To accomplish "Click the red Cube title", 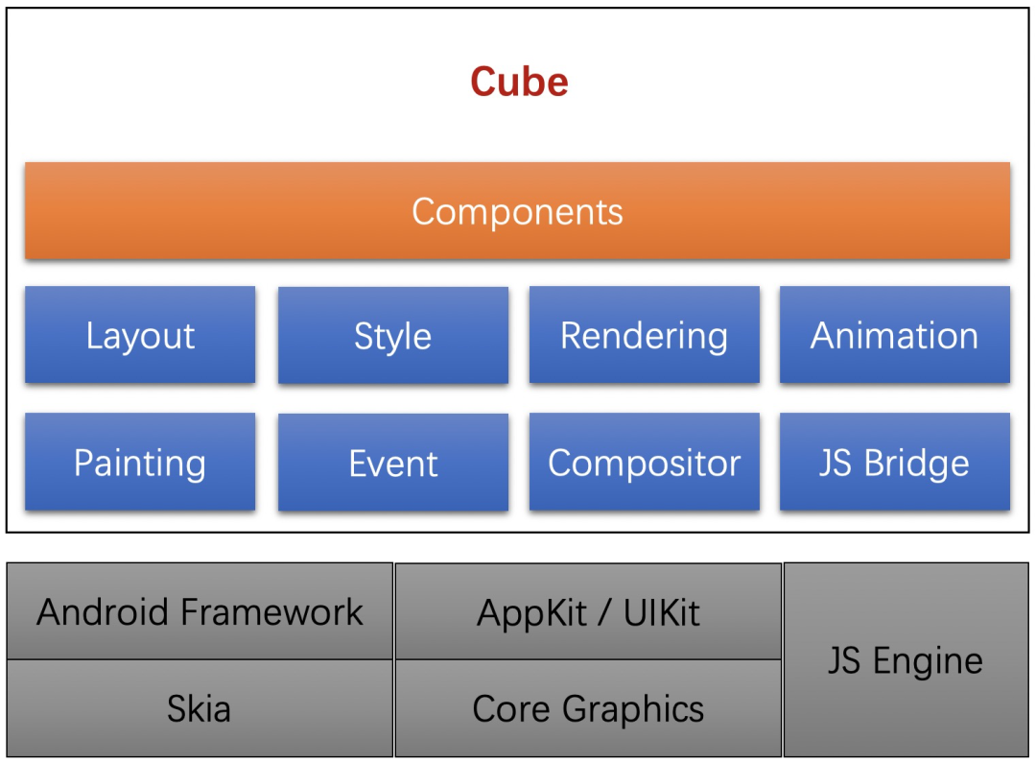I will [x=519, y=82].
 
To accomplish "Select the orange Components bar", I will [x=517, y=211].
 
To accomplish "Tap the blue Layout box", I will [x=140, y=335].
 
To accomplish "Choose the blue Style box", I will [x=392, y=336].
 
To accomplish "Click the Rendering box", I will [x=644, y=335].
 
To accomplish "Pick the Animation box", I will [x=894, y=335].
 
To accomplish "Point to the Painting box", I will [x=140, y=463].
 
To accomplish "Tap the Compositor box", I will [x=644, y=463].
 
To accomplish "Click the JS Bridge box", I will [x=894, y=463].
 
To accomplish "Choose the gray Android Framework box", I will [x=200, y=611].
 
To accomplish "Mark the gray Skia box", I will [x=200, y=709].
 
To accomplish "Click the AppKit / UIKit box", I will [x=588, y=612].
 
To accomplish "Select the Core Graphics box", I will [x=588, y=709].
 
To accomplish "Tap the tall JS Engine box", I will [x=906, y=660].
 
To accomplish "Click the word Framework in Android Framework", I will [x=271, y=611].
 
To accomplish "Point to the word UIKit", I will [x=662, y=612].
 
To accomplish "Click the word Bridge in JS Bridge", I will [x=916, y=463].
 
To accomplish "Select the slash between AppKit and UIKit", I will [x=607, y=612].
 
